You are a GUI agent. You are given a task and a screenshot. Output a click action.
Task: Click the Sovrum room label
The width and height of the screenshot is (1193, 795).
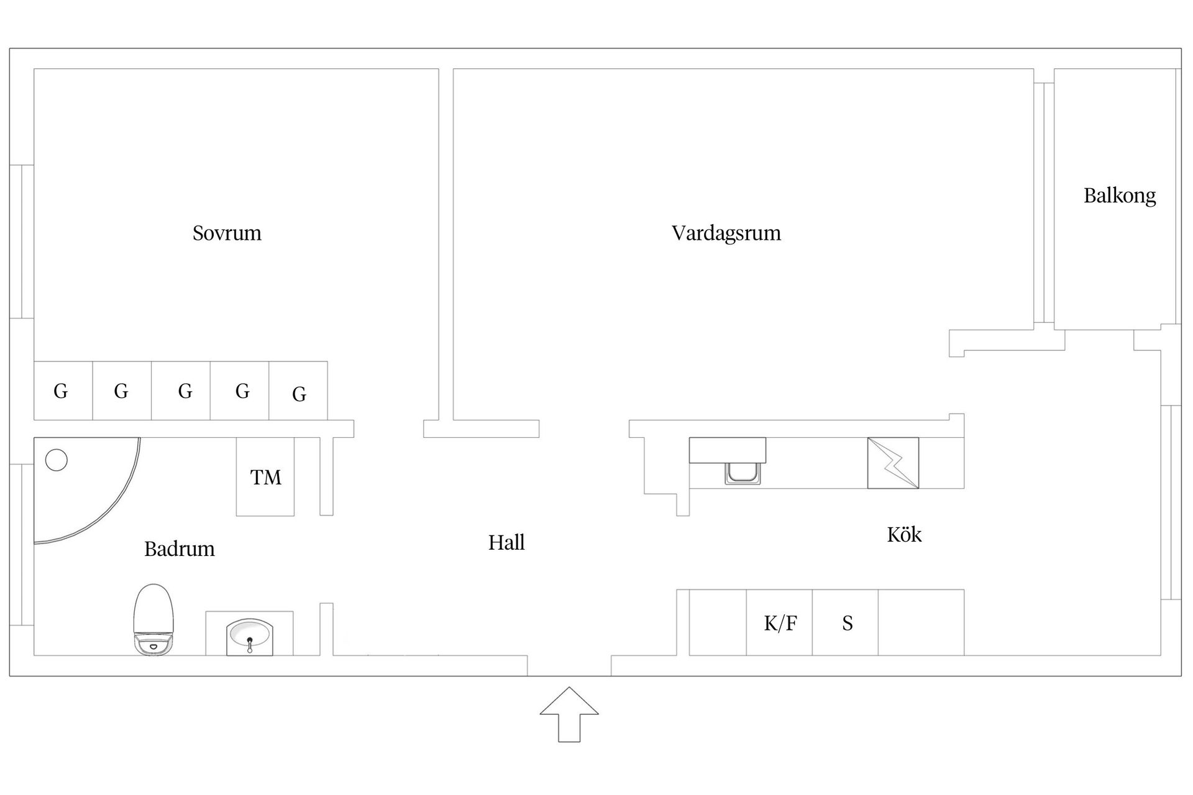pyautogui.click(x=227, y=234)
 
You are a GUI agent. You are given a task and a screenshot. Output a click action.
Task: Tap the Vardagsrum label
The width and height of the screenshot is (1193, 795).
pyautogui.click(x=726, y=234)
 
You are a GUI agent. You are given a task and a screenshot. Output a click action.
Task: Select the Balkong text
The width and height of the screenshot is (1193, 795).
pyautogui.click(x=1120, y=196)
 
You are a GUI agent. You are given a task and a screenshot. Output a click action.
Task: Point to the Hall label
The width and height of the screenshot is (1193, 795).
pyautogui.click(x=506, y=542)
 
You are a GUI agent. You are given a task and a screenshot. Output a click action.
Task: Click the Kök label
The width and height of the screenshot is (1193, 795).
pyautogui.click(x=904, y=534)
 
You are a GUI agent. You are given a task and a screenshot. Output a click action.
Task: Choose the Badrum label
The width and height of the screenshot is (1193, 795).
pyautogui.click(x=180, y=549)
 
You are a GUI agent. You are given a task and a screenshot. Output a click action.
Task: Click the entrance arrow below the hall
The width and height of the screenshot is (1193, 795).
pyautogui.click(x=569, y=714)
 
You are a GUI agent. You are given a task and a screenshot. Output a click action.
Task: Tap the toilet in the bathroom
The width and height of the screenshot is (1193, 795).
pyautogui.click(x=153, y=619)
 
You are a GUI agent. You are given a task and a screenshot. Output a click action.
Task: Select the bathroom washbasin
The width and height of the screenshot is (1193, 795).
pyautogui.click(x=249, y=636)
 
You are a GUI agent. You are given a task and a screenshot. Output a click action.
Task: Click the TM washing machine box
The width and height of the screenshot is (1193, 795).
pyautogui.click(x=265, y=477)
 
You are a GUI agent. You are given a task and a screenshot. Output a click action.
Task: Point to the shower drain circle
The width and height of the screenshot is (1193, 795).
pyautogui.click(x=57, y=460)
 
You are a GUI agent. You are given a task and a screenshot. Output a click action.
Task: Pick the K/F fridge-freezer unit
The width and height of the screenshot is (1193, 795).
pyautogui.click(x=779, y=622)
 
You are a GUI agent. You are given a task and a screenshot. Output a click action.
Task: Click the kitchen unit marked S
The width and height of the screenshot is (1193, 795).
pyautogui.click(x=846, y=622)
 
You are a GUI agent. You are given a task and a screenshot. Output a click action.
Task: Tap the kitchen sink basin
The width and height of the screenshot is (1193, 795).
pyautogui.click(x=742, y=473)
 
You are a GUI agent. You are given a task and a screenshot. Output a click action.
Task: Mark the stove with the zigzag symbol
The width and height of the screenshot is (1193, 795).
pyautogui.click(x=893, y=463)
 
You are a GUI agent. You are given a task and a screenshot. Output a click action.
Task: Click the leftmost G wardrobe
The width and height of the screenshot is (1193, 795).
pyautogui.click(x=63, y=391)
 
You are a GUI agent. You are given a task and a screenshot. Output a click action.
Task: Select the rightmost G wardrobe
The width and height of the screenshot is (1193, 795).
pyautogui.click(x=298, y=391)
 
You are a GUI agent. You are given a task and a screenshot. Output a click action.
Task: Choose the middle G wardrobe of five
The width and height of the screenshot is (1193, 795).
pyautogui.click(x=181, y=391)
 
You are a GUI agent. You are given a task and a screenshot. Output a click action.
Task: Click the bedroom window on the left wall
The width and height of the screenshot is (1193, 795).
pyautogui.click(x=22, y=242)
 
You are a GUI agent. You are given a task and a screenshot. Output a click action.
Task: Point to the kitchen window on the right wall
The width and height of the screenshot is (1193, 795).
pyautogui.click(x=1171, y=502)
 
